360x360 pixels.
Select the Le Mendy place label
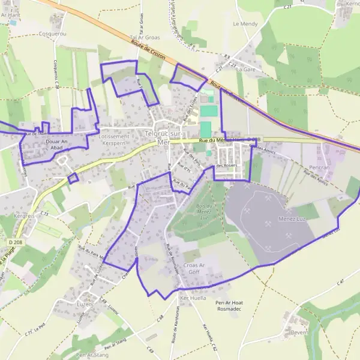(x=244, y=24)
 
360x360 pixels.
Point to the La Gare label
(x=245, y=69)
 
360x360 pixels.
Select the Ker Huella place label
(x=193, y=298)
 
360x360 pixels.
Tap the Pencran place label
(x=317, y=167)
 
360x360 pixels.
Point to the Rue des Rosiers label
(x=227, y=165)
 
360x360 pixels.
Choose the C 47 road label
(x=340, y=281)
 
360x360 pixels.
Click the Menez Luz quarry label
(x=293, y=218)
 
